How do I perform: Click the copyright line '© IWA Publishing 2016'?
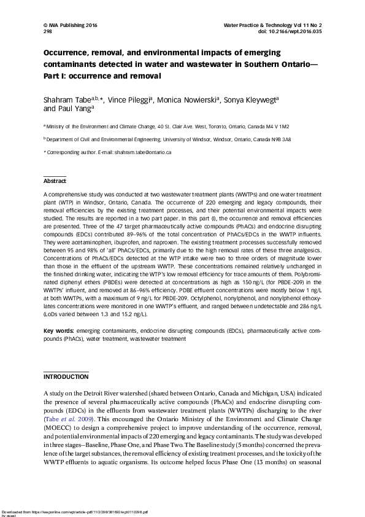click(70, 25)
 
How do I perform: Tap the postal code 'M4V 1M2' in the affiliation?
click(275, 126)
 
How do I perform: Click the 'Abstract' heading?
click(54, 181)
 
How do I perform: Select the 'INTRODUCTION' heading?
click(66, 376)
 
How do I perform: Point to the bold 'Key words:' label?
click(59, 331)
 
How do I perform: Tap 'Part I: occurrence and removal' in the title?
click(101, 76)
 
